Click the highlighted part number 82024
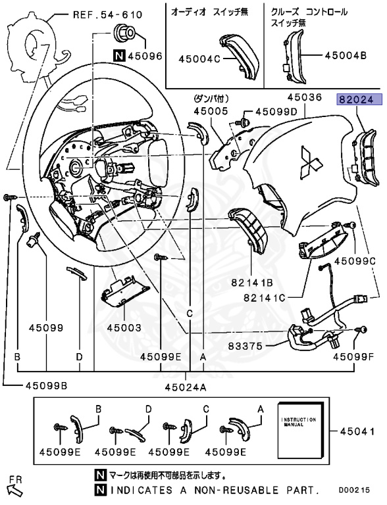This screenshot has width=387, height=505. tap(355, 99)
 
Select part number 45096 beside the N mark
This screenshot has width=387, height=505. tap(145, 56)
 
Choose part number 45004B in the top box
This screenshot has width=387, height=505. tap(345, 55)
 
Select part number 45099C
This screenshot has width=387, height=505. tap(354, 261)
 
